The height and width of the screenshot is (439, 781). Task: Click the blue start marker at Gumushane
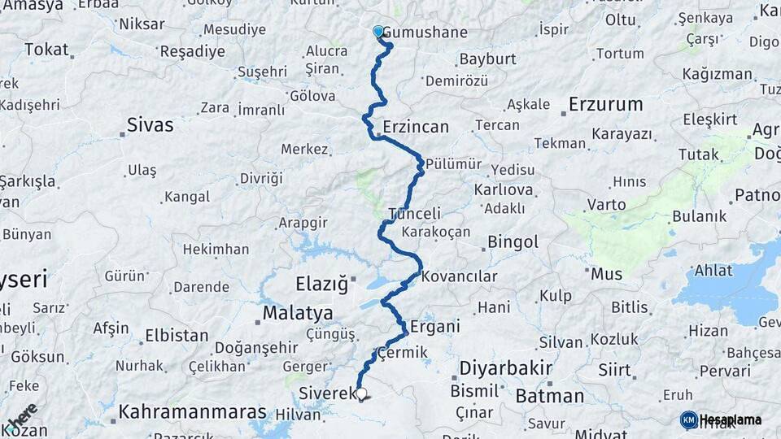point(377,32)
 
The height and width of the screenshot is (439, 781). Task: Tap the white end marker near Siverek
point(361,393)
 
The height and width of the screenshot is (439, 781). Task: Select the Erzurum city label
point(605,104)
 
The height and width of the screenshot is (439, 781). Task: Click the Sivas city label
point(150,125)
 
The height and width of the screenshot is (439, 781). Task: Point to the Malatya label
point(297,313)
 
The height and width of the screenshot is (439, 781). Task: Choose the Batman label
point(549,396)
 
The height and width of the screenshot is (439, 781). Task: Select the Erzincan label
point(416,127)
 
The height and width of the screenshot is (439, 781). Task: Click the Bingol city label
point(513,242)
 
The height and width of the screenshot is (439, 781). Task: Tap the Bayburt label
point(487,59)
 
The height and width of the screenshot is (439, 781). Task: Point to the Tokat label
point(46,50)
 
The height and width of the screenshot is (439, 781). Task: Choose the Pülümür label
point(453,163)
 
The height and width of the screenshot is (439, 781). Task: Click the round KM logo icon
point(688,419)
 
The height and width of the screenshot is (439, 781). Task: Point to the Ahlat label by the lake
point(713,271)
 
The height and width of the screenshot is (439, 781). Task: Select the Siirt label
point(614,370)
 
